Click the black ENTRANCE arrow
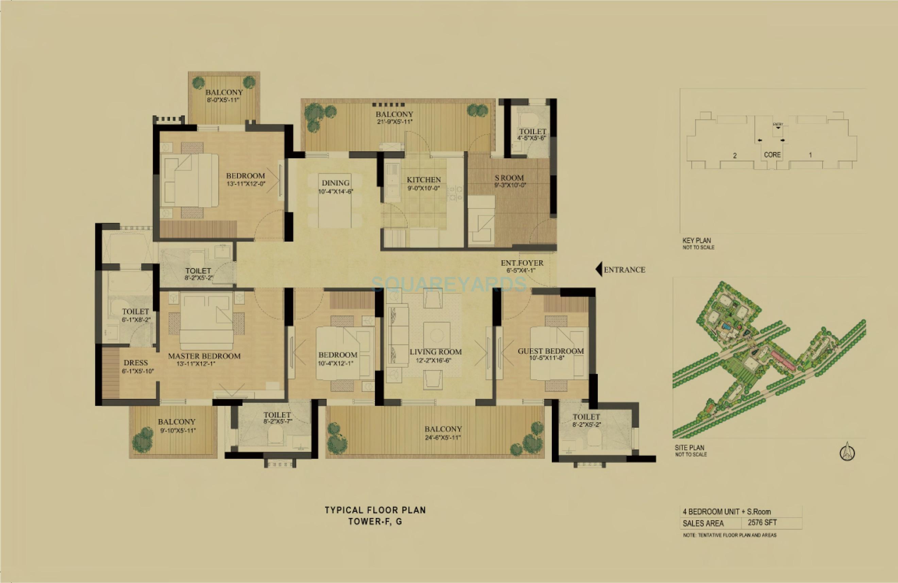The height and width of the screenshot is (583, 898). click(598, 270)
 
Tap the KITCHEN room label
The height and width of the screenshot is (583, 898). click(424, 180)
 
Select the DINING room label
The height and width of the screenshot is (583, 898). click(335, 183)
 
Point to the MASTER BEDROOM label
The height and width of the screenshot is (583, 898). click(204, 356)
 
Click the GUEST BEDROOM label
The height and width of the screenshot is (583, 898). click(550, 351)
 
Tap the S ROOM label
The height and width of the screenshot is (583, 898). click(509, 178)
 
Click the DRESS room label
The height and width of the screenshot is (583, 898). click(135, 363)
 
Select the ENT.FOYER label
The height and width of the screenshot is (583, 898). click(522, 263)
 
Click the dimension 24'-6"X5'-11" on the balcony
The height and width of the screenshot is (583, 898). click(443, 438)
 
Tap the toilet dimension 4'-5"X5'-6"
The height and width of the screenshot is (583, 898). click(532, 138)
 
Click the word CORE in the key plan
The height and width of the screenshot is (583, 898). click(772, 155)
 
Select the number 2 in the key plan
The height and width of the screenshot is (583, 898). click(735, 155)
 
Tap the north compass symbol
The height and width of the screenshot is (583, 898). click(847, 452)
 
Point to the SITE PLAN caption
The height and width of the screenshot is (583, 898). click(689, 448)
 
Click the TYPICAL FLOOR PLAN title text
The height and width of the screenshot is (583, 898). click(375, 510)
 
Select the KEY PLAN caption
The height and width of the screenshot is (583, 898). click(696, 240)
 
